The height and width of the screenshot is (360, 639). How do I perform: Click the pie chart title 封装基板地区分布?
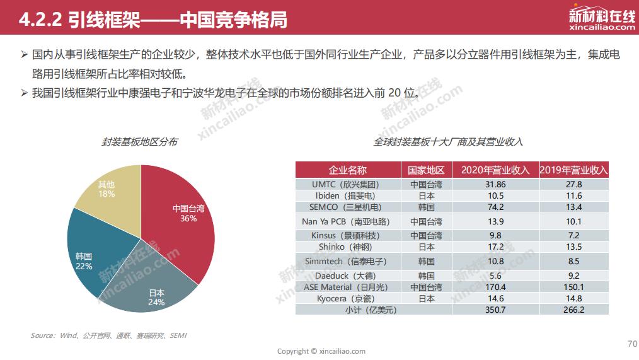click(139, 142)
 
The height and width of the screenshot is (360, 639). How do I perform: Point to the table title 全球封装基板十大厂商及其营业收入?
click(448, 142)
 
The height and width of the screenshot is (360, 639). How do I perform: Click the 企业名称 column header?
click(347, 170)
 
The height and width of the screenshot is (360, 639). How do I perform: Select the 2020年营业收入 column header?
click(495, 170)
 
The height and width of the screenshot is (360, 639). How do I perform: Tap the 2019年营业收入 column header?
click(573, 170)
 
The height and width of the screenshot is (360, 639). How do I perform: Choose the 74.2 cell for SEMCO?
click(495, 207)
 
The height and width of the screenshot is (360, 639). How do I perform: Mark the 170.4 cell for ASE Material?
click(495, 287)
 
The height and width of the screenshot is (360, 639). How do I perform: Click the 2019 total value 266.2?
click(573, 310)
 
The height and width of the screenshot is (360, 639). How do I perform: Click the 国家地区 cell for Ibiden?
click(426, 196)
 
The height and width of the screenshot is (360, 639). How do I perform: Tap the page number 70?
click(632, 344)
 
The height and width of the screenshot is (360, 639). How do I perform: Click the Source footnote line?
click(108, 335)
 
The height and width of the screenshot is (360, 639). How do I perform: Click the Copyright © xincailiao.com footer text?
click(321, 351)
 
